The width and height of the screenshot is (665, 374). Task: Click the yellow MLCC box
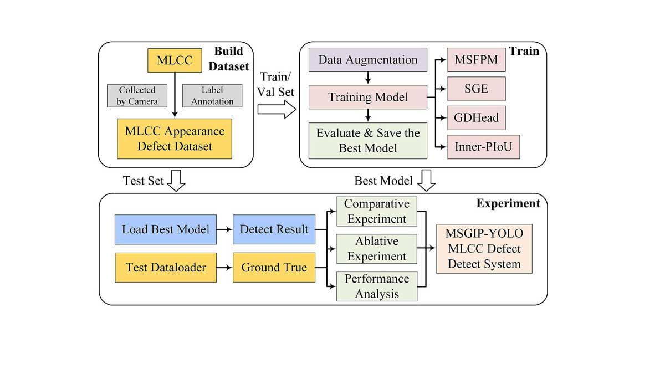coord(175,60)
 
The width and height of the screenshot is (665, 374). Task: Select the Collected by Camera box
coord(137,95)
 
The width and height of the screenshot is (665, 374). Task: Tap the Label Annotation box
coord(212,95)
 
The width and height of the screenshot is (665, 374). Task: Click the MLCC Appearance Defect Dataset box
coord(175,139)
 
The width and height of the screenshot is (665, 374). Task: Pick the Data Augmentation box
coord(368,60)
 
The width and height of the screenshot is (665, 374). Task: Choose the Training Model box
coord(368,98)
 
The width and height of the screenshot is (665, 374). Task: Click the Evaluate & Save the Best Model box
coord(368,140)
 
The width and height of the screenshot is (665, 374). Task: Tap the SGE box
coord(476,89)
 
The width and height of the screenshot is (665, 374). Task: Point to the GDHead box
coord(476,117)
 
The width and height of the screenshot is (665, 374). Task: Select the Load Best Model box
coord(166,229)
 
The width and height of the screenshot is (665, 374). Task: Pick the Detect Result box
coord(274,229)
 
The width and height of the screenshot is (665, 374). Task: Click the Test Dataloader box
coord(166,268)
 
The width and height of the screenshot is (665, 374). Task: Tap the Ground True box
coord(274,268)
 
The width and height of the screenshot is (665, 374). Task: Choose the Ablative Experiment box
coord(376,248)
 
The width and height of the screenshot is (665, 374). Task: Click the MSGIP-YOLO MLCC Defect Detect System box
coord(484,249)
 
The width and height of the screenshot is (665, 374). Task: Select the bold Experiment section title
coord(508,203)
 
